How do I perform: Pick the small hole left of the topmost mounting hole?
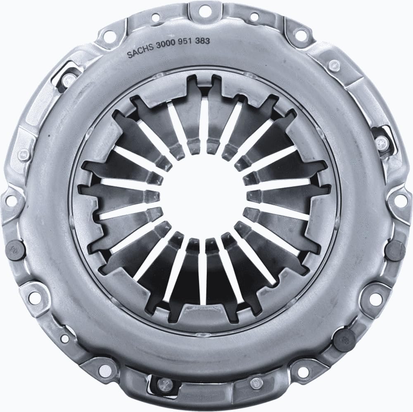click(x=156, y=17)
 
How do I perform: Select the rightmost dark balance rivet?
click(x=397, y=249)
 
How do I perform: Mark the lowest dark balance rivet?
click(x=344, y=339)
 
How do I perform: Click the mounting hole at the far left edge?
click(x=10, y=199)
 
